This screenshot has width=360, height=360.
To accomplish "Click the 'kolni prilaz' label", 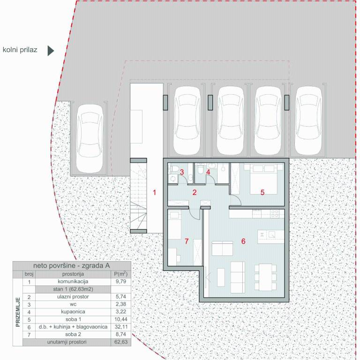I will coord(20,49).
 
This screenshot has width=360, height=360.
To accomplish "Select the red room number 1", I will coord(154,192).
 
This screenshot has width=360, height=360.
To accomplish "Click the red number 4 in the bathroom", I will coord(208,172).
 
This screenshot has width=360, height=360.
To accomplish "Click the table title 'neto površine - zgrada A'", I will coord(73,265).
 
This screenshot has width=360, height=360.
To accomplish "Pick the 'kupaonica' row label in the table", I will coord(73,311).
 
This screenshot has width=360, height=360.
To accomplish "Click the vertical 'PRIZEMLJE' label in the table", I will coord(18,311).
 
